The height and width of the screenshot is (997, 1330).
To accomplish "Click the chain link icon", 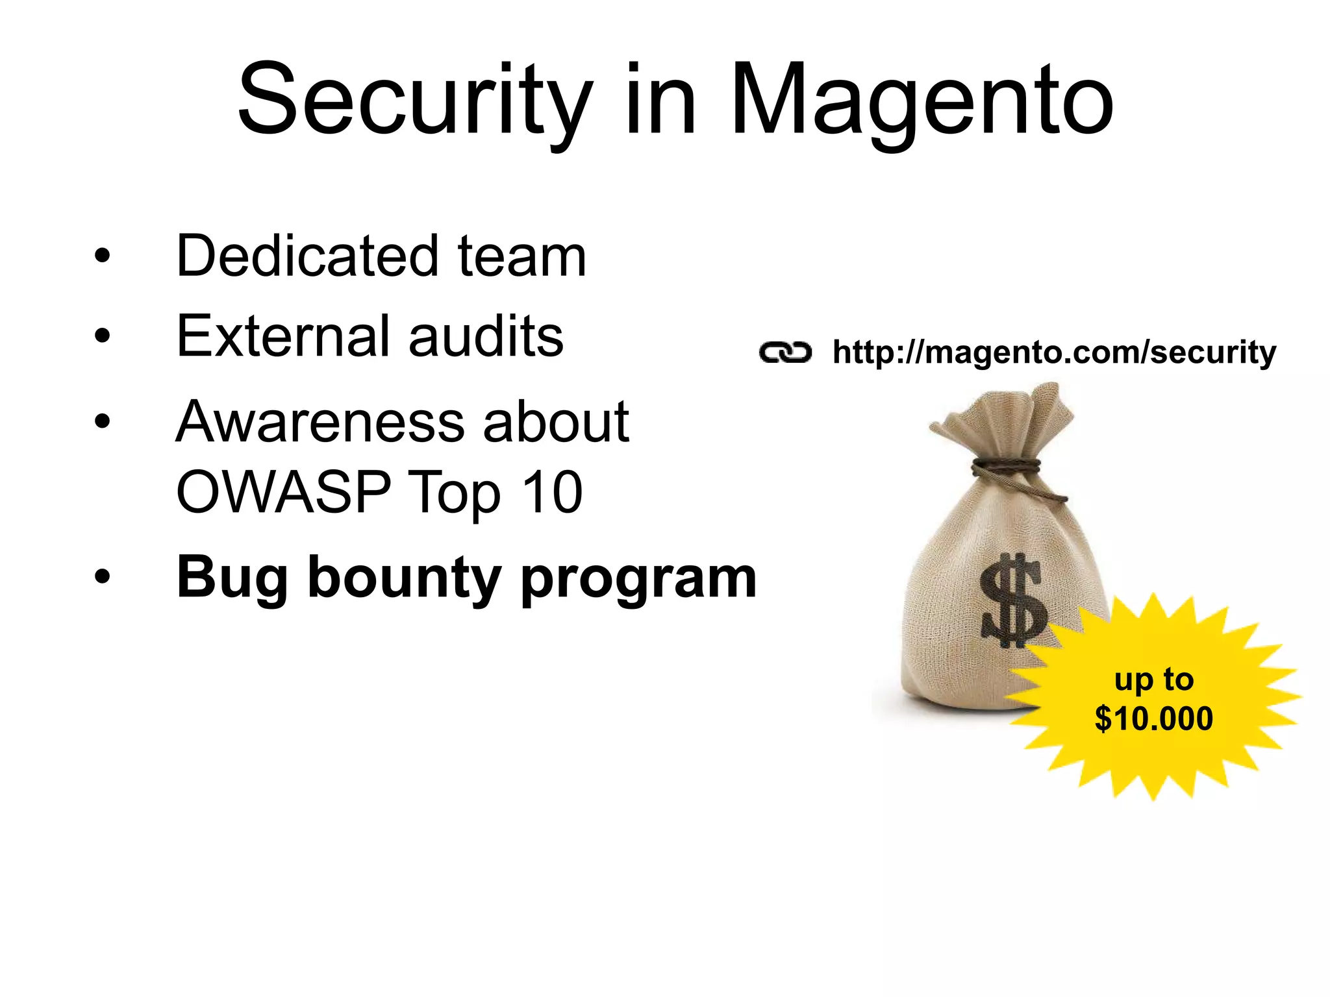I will (x=785, y=352).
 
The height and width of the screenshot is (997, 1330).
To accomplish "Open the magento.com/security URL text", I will (x=1054, y=352).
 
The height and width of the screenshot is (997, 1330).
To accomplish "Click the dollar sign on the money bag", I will (x=1013, y=600).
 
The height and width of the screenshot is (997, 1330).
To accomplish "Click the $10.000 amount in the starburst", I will (x=1153, y=719).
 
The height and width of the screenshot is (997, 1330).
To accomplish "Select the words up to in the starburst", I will (x=1153, y=680).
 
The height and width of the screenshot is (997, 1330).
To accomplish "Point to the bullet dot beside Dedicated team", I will (x=102, y=255).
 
